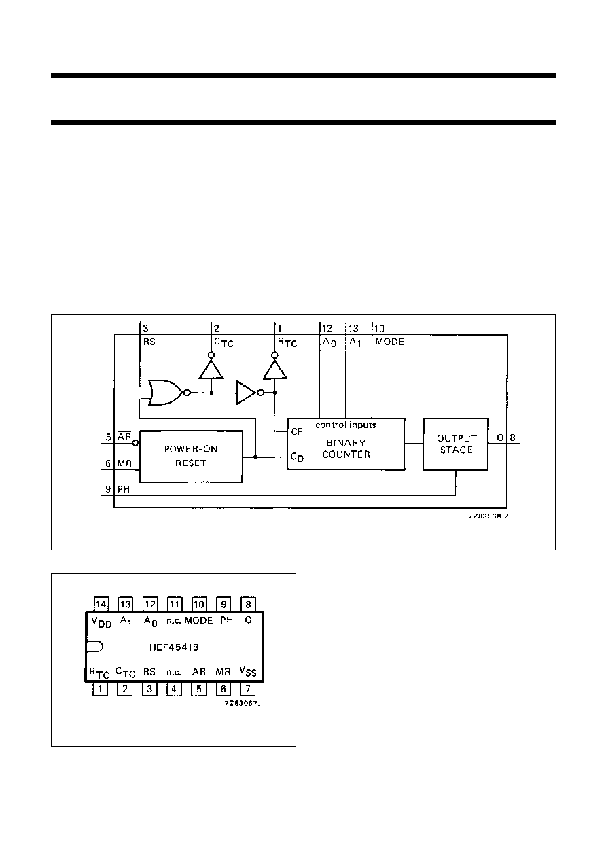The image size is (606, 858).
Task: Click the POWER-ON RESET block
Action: [191, 457]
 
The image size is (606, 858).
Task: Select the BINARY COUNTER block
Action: [346, 444]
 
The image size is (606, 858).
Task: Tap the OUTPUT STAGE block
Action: [455, 444]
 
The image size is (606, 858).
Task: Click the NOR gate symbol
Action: [167, 393]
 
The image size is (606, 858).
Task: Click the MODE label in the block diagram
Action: [389, 342]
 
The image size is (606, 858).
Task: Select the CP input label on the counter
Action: [297, 431]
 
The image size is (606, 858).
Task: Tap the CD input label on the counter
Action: [298, 457]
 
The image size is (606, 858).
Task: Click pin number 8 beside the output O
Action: [512, 437]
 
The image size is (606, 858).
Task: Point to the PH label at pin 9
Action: [124, 489]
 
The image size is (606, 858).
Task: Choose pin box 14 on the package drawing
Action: [101, 604]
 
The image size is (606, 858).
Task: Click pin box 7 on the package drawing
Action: [247, 689]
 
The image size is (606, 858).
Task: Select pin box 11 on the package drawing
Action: [175, 604]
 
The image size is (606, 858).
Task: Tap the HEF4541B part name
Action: [173, 647]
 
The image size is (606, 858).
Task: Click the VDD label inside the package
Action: [101, 622]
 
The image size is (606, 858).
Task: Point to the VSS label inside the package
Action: [247, 671]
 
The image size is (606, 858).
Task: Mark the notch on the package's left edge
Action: [94, 647]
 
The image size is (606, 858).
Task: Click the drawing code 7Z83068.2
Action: [488, 516]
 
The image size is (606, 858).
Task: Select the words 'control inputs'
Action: [346, 425]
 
